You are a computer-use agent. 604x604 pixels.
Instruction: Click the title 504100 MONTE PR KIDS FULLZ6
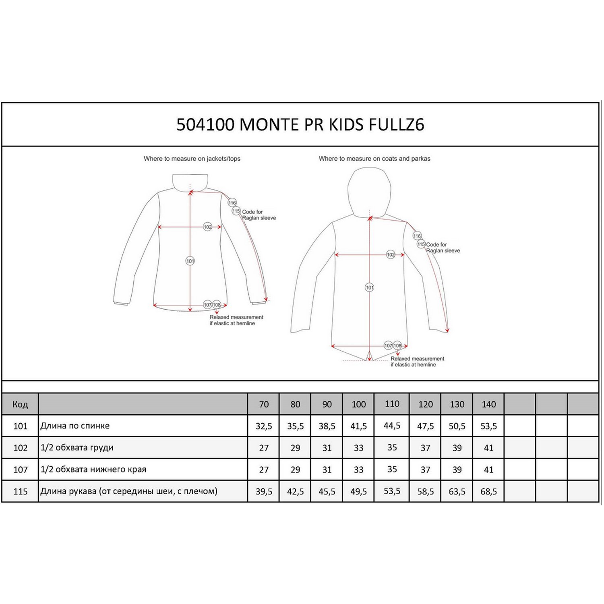[300, 124]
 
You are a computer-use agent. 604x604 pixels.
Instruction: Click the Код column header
[20, 404]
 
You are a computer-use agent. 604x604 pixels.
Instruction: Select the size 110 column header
[392, 404]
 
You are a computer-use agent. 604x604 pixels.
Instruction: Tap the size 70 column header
[264, 404]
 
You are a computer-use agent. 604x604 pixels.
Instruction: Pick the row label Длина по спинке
[75, 426]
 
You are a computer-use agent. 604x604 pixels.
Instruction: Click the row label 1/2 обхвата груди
[77, 448]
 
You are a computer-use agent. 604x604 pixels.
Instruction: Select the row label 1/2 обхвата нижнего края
[93, 470]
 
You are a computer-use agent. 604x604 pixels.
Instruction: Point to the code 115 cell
[20, 492]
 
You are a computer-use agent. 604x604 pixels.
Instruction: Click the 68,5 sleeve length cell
[488, 492]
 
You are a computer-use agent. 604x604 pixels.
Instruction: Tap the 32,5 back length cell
[264, 426]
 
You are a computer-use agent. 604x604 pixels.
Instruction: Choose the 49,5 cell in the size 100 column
[358, 492]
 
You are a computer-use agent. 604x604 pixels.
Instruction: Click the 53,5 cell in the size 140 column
[488, 426]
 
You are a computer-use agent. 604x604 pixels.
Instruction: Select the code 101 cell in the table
[20, 426]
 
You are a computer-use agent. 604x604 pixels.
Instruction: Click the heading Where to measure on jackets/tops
[192, 159]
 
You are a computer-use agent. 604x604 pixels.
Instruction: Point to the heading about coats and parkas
[374, 159]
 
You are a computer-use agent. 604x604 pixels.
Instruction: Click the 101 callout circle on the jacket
[190, 261]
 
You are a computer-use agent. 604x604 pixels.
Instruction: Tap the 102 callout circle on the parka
[391, 254]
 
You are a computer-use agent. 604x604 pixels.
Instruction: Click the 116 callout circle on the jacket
[232, 203]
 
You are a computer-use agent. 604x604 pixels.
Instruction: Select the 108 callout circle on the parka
[397, 345]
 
